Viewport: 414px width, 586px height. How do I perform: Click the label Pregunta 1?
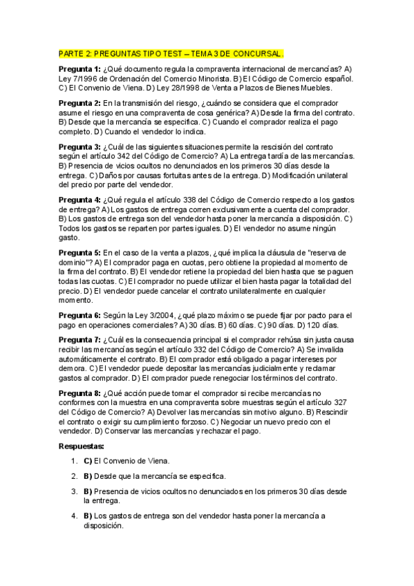pos(79,69)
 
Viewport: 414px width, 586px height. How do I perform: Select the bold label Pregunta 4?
pos(79,200)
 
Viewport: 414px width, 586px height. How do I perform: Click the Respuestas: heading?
pos(82,447)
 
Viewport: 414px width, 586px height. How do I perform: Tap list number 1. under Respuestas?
pos(74,460)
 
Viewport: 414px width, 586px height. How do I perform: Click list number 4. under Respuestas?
pos(74,516)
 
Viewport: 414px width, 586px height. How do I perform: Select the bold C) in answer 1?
pos(88,460)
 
